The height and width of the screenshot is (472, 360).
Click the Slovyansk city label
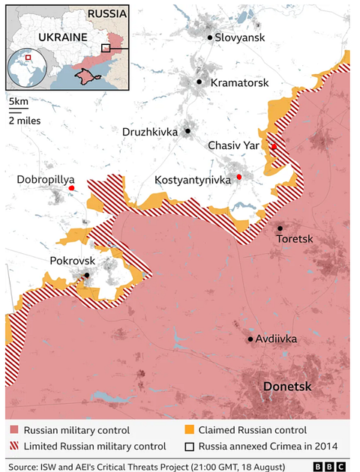click(x=238, y=37)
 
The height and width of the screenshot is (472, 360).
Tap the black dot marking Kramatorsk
click(x=199, y=82)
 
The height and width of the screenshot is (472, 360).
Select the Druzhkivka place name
click(x=150, y=132)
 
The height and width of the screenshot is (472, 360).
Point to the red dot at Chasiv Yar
click(x=274, y=146)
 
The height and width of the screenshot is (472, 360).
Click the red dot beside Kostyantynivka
click(x=239, y=177)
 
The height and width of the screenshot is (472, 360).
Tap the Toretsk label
click(x=298, y=239)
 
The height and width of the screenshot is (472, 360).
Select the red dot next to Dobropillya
click(x=71, y=188)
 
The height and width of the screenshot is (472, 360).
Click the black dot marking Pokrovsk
click(x=87, y=275)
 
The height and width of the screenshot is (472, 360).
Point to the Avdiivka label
click(x=276, y=339)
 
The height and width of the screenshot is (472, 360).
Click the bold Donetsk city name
click(x=288, y=386)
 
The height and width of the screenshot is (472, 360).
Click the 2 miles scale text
click(x=25, y=119)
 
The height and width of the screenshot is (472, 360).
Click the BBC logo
click(x=331, y=465)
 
